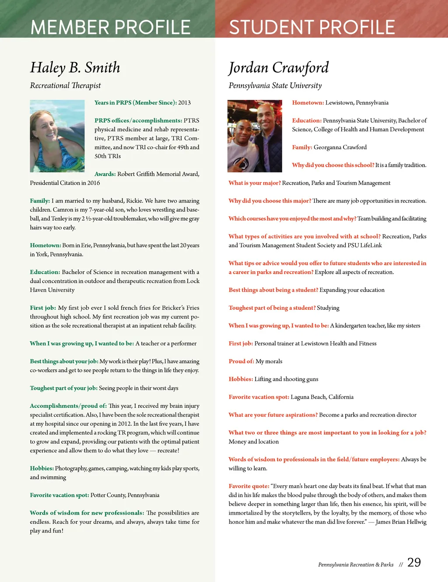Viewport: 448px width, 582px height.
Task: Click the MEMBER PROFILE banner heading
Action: tap(110, 27)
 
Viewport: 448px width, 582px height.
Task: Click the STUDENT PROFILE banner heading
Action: tap(312, 27)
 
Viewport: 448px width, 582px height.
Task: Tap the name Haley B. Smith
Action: tap(75, 67)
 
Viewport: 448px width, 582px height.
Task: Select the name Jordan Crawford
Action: tap(278, 67)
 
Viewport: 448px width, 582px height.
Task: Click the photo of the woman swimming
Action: tap(57, 136)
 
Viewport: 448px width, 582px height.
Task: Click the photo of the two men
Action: tap(255, 136)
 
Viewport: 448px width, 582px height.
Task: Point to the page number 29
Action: tap(414, 562)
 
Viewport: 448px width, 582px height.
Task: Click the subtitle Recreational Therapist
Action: tap(65, 85)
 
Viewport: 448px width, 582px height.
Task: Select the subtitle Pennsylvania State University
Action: tap(275, 85)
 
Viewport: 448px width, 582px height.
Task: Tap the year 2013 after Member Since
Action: tap(184, 103)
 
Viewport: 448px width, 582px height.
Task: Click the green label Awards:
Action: tap(105, 174)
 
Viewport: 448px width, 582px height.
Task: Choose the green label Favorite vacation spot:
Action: tap(59, 495)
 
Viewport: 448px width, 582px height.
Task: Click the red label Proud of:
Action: tap(241, 361)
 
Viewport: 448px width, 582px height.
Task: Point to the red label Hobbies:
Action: tap(241, 379)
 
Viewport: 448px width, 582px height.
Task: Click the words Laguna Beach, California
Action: tap(322, 397)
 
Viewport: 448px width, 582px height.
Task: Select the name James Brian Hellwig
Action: tap(401, 522)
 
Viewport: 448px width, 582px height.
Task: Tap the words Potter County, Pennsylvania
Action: tap(125, 495)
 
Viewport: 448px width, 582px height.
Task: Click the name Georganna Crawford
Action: tap(340, 147)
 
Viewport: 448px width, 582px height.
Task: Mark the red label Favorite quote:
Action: tap(248, 486)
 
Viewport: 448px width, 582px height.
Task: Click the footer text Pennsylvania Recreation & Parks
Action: tap(356, 565)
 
